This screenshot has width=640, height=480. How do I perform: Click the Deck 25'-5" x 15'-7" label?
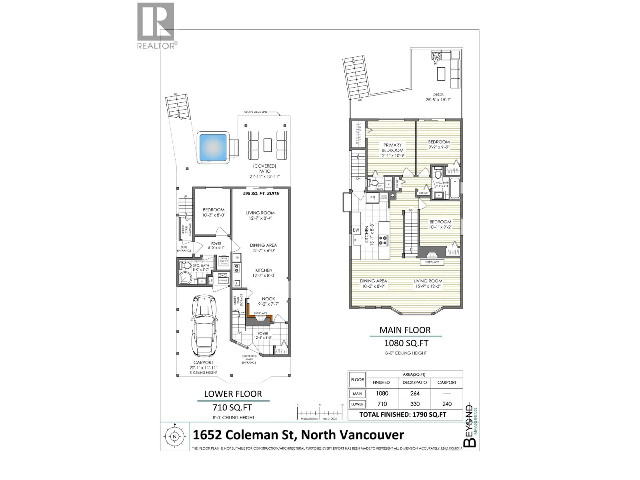(x=438, y=97)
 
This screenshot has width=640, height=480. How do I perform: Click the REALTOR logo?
(x=156, y=25)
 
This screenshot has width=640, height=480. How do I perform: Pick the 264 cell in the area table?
(x=415, y=393)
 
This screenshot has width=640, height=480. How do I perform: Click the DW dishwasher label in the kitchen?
(x=356, y=230)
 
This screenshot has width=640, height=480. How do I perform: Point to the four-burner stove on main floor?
(x=383, y=240)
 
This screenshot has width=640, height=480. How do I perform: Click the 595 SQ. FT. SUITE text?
(x=261, y=193)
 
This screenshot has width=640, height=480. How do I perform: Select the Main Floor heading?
(x=405, y=330)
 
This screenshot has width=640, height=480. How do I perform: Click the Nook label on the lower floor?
(x=268, y=299)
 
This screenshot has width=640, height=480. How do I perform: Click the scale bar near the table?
(x=320, y=413)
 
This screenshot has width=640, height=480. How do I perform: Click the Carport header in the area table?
(x=447, y=382)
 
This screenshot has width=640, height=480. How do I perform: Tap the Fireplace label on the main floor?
(x=432, y=262)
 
